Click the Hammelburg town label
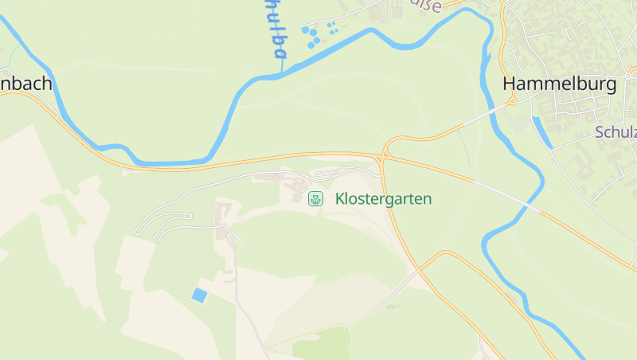(x=559, y=85)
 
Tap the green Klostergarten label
(x=383, y=198)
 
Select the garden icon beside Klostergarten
(x=316, y=198)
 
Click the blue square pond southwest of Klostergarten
(x=198, y=295)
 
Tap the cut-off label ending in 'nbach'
(x=25, y=84)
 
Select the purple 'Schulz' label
(x=616, y=132)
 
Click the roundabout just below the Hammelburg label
(x=513, y=102)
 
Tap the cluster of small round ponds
(x=316, y=33)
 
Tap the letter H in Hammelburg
(x=510, y=85)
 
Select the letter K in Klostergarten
(x=340, y=198)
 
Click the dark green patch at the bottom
(x=322, y=345)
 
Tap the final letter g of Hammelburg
(x=609, y=87)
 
